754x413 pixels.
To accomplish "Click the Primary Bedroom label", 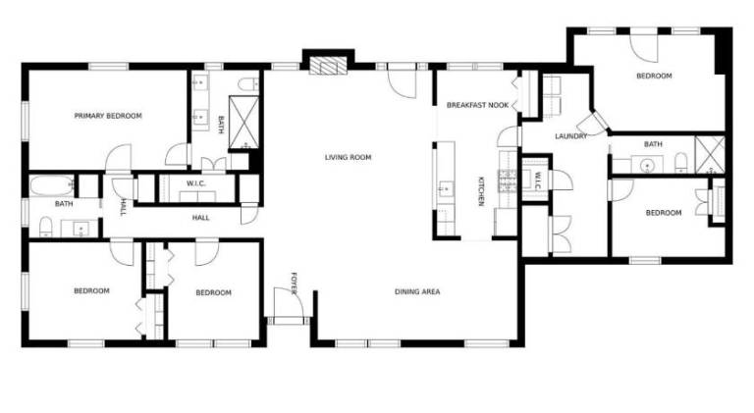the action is point(108,116).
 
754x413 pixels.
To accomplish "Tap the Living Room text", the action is point(349,157).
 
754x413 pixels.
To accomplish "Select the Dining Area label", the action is point(417,291).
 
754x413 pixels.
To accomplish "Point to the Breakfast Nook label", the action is point(477,105).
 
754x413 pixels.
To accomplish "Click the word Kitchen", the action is point(481,191).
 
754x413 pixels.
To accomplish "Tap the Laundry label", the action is point(571,136).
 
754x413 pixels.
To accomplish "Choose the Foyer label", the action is point(295,284).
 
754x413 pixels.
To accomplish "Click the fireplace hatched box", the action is point(328,67).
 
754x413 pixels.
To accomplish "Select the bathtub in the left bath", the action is point(52,185).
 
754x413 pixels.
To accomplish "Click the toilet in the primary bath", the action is point(248,84).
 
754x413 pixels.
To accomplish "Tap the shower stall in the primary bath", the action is point(243,123).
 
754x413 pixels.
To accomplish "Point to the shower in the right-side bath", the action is point(710,155).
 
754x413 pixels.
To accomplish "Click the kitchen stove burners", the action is point(508,181).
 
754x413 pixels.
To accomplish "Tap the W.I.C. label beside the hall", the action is point(196,183).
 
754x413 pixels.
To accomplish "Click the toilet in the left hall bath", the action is point(46,227).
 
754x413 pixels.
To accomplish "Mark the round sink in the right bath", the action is point(649,166).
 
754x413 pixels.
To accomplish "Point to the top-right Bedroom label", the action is point(654,76).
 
